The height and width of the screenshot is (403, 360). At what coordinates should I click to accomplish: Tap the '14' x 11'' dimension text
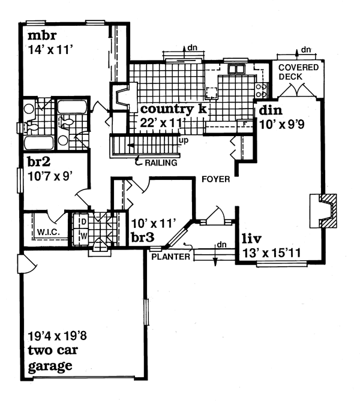click(50, 50)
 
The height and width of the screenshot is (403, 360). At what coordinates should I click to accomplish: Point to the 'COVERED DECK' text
click(298, 71)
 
